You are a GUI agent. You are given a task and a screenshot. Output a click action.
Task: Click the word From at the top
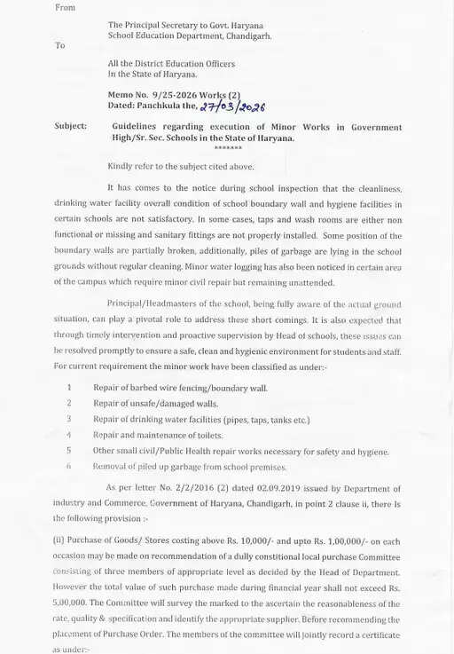tap(65, 7)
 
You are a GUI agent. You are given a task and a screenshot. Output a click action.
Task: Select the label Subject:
tap(71, 126)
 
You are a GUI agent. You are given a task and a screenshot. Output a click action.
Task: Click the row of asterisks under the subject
tap(228, 148)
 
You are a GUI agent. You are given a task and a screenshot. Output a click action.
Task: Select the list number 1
tap(69, 388)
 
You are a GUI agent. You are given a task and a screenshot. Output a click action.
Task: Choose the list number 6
tap(69, 466)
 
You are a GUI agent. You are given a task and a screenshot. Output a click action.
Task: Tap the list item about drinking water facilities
tap(201, 419)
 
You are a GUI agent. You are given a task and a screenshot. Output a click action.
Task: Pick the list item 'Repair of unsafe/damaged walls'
tap(155, 404)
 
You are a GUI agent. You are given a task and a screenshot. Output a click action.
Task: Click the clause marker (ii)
tap(60, 541)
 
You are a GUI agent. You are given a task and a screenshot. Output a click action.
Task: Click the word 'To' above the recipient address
tap(60, 44)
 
